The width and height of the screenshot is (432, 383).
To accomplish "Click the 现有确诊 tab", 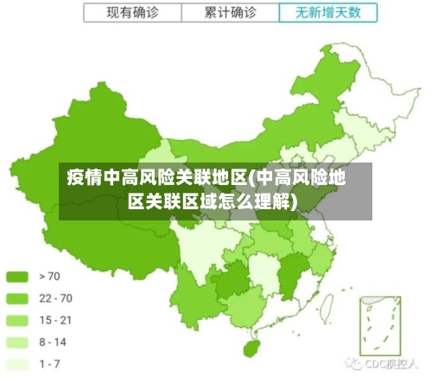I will (131, 13).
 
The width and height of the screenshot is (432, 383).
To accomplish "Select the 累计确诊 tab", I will (230, 13).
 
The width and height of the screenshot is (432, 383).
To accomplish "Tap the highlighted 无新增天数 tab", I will (328, 13).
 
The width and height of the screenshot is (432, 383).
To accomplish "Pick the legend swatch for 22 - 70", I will (17, 297).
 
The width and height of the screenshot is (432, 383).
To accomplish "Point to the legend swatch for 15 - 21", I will (17, 320).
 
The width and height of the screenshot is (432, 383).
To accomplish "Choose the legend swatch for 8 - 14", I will (17, 342).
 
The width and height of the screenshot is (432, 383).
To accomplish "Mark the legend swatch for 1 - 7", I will (17, 364).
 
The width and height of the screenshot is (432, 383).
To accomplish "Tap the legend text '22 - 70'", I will (56, 297).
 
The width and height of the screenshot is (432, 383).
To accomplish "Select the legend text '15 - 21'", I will (56, 320).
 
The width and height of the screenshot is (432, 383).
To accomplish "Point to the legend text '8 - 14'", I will (54, 342).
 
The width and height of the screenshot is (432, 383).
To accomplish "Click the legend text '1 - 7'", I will (50, 364).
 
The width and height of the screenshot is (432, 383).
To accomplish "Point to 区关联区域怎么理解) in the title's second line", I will (213, 202).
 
